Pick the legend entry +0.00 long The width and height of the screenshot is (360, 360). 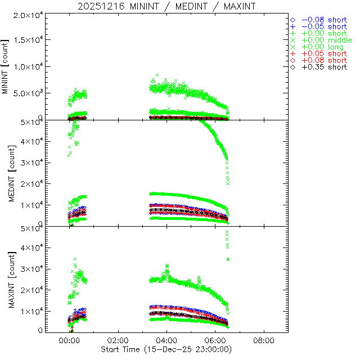coord(322,47)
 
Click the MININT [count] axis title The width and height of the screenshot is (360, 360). coord(7,66)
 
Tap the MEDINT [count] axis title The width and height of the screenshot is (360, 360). coord(7,173)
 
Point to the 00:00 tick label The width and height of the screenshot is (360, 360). coord(70,341)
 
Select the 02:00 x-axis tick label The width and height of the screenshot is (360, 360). coord(118,341)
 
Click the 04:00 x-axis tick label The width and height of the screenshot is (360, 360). coord(167,341)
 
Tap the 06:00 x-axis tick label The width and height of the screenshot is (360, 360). coord(215,341)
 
